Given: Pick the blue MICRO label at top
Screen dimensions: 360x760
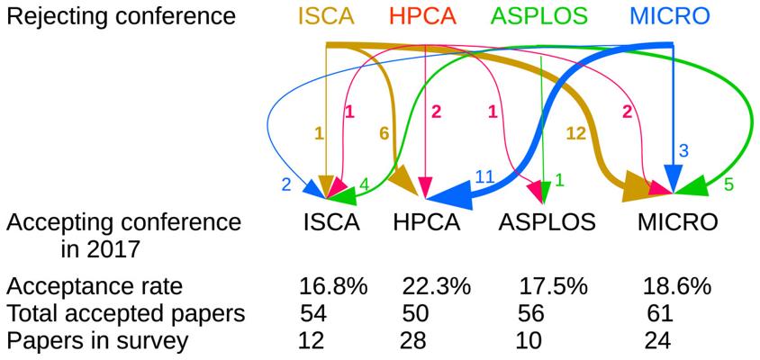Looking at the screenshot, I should click(670, 16).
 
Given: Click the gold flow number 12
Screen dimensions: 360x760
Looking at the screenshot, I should click(577, 133).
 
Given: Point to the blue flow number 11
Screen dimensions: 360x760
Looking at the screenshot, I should click(484, 178).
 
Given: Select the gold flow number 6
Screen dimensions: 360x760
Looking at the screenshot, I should click(385, 133).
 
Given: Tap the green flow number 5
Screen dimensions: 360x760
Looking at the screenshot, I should click(728, 184).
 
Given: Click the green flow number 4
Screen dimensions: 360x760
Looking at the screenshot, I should click(364, 184).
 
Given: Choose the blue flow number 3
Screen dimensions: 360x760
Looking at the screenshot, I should click(683, 150).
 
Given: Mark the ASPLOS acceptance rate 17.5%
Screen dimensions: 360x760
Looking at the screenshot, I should click(553, 287).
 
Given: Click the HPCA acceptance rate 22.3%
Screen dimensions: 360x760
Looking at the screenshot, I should click(437, 287).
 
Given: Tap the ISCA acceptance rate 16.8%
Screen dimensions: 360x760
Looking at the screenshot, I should click(333, 287).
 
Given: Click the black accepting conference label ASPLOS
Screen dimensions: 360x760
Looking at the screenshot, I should click(547, 222).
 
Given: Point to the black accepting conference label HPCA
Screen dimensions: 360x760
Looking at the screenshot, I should click(427, 222).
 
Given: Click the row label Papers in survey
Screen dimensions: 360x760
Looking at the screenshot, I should click(97, 340).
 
